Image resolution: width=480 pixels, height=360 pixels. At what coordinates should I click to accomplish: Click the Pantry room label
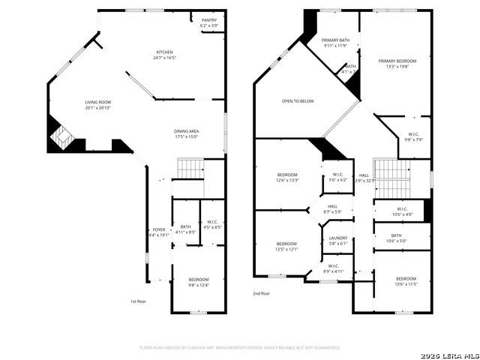click(209, 23)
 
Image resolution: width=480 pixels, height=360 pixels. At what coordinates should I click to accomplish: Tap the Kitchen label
click(164, 55)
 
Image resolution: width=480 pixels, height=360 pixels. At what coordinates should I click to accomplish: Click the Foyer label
click(159, 232)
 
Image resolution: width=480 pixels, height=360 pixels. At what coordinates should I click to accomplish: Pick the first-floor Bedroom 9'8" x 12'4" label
click(199, 281)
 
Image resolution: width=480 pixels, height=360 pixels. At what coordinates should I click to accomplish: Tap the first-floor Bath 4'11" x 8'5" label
click(185, 229)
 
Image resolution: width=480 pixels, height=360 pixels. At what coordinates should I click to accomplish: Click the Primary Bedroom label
click(397, 64)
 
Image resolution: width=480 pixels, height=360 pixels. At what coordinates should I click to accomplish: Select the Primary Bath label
click(335, 43)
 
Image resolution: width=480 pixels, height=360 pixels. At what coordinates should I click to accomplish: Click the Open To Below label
click(298, 100)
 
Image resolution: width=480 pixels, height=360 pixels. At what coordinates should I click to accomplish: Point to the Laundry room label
click(338, 241)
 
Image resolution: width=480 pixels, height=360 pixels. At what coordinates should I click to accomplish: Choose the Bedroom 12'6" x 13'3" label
click(287, 177)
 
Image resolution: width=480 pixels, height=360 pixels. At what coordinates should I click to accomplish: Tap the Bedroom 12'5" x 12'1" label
click(287, 246)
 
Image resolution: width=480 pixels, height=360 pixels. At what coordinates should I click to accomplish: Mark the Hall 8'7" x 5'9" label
click(332, 209)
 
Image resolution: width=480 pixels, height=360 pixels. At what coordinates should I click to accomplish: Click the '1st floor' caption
click(138, 301)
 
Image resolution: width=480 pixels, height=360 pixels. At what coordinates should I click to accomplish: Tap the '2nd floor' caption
click(261, 294)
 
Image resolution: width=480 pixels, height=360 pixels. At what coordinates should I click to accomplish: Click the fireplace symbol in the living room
click(60, 136)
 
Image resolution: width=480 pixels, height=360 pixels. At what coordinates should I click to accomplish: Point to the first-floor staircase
click(190, 169)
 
